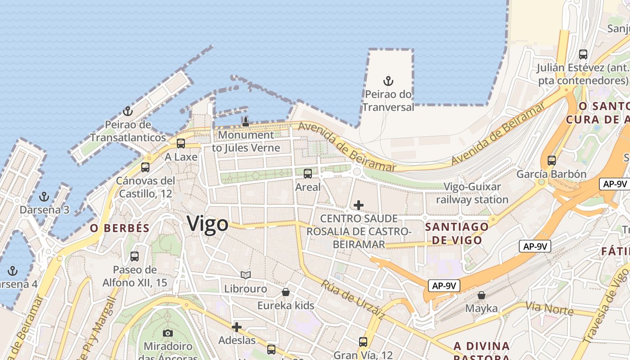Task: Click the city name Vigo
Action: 207,224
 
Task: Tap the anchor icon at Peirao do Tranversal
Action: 388,81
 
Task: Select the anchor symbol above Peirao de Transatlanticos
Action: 128,111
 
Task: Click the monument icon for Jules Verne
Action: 246,121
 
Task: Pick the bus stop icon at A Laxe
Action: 181,144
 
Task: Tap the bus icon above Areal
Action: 308,174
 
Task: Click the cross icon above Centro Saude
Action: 359,205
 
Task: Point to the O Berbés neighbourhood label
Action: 120,228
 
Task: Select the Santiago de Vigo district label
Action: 457,233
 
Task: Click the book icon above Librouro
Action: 245,275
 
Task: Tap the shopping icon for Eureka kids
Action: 285,292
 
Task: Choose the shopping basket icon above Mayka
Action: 481,295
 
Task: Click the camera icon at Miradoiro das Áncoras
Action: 168,333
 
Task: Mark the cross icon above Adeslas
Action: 237,327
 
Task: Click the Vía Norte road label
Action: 549,309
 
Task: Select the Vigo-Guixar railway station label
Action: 476,193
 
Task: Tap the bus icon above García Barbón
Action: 551,161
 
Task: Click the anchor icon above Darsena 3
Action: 44,197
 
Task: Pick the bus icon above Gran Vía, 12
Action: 363,342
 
